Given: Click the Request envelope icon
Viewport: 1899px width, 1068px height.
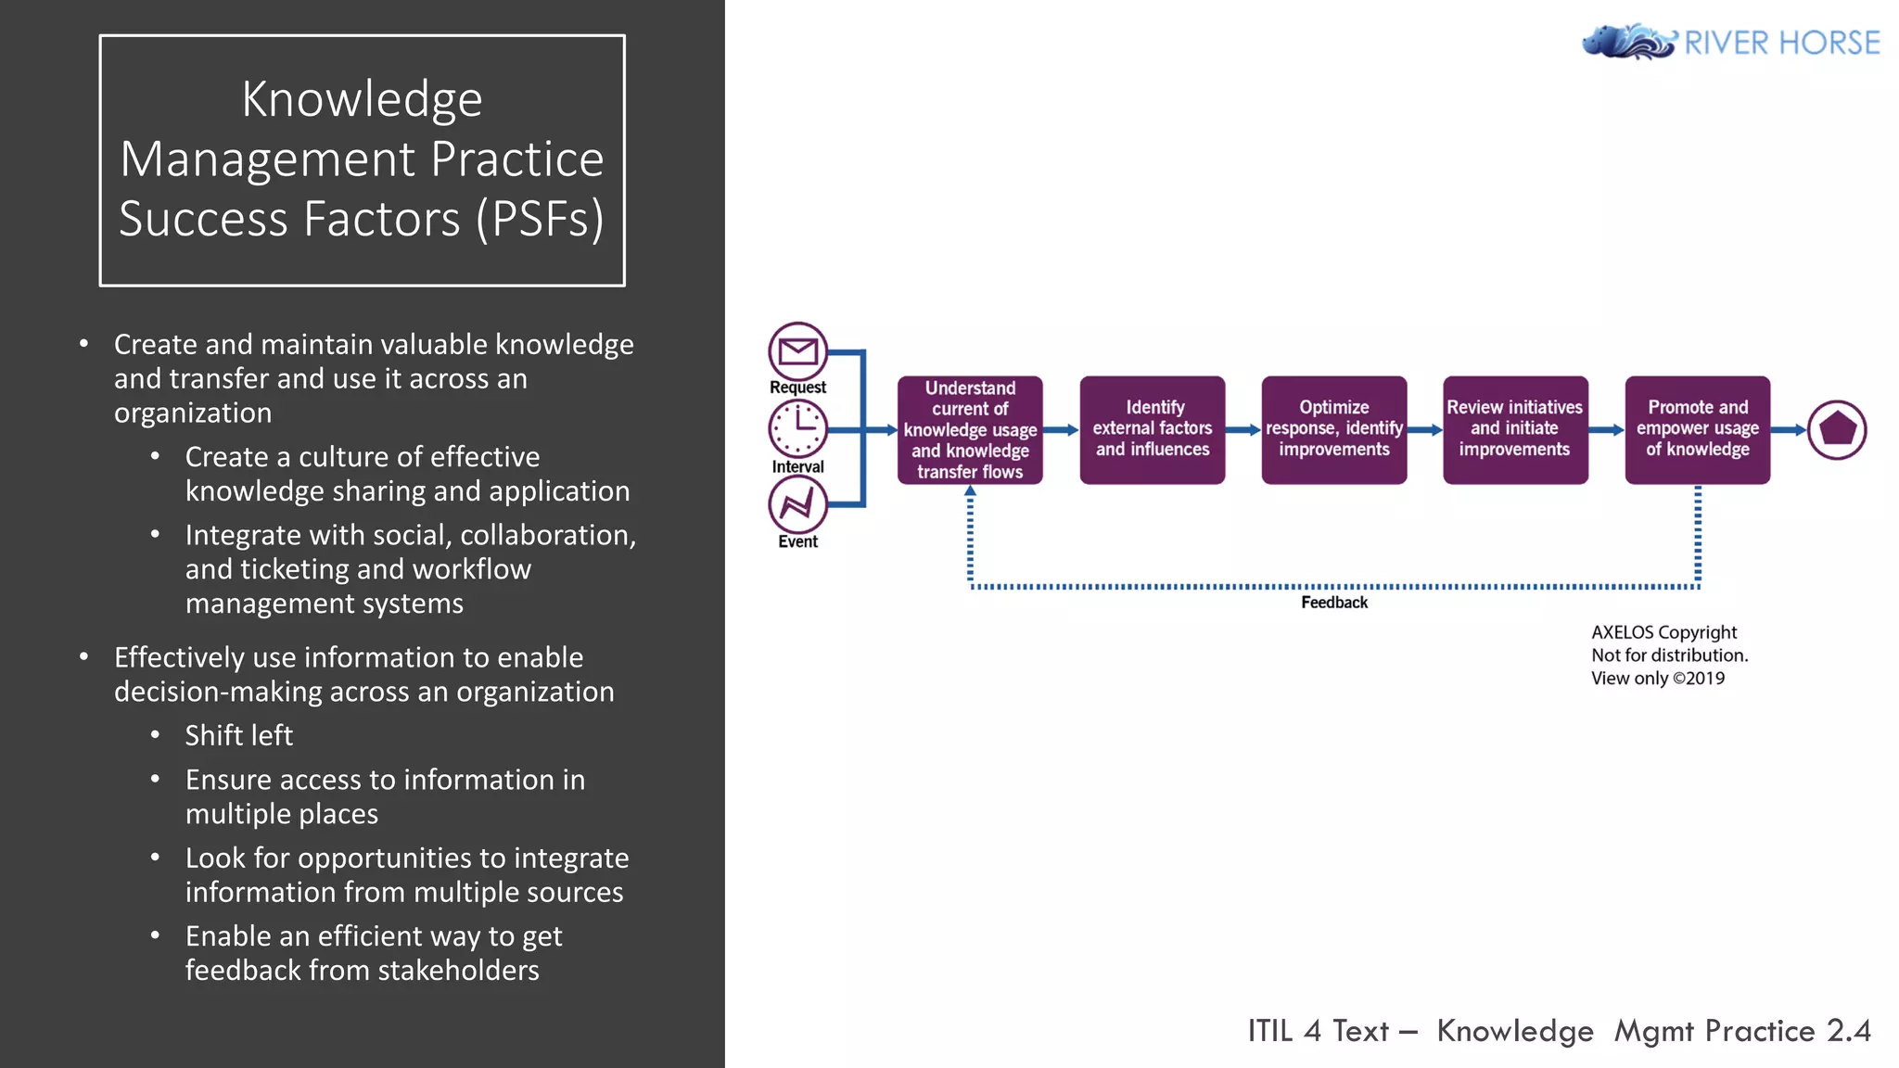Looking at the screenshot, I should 797,351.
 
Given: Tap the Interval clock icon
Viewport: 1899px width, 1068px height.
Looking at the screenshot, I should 797,429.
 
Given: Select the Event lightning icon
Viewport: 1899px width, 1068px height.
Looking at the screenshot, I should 797,505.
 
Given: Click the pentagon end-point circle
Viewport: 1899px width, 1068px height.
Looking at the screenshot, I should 1837,430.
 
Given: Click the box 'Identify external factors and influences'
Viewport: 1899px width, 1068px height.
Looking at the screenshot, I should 1152,429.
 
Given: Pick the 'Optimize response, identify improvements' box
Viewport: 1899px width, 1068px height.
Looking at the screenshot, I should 1333,429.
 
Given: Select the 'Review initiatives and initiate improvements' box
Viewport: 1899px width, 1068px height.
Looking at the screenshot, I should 1515,429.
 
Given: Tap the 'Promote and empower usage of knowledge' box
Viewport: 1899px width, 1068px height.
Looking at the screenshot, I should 1697,429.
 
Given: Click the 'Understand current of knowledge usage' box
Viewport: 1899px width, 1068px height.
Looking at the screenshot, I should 970,429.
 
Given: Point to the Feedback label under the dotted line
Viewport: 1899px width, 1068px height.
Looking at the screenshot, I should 1333,603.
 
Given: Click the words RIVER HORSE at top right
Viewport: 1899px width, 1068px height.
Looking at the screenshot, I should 1781,44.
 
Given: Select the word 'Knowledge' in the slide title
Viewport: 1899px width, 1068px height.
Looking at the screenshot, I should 362,100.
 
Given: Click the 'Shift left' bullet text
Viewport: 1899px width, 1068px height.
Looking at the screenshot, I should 239,735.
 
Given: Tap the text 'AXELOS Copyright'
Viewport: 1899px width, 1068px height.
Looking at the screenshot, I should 1663,632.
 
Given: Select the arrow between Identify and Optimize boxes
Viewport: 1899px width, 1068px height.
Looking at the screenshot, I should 1243,430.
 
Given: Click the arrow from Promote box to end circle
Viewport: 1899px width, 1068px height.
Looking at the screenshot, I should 1788,430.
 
